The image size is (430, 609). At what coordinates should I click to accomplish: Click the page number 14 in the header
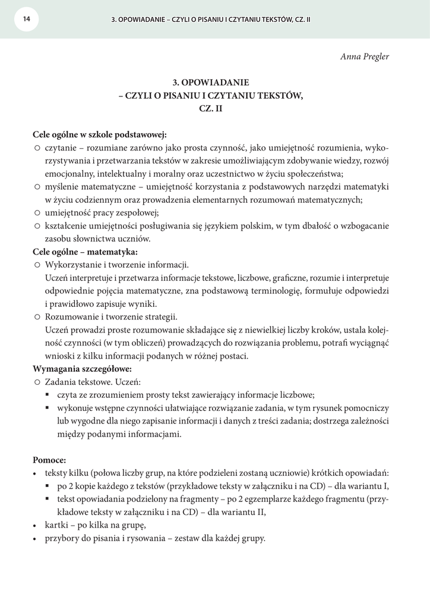click(26, 19)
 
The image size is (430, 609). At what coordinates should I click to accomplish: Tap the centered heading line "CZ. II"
click(214, 110)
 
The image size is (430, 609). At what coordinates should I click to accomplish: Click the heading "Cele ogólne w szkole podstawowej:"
click(100, 134)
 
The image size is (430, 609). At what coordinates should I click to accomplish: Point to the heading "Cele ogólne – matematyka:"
click(86, 252)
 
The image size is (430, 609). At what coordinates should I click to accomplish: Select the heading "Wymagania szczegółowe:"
click(82, 369)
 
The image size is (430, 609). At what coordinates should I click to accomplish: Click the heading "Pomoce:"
click(49, 460)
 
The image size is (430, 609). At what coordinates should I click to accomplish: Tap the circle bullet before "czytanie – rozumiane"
click(37, 147)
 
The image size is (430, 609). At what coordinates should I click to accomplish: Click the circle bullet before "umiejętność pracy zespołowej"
click(37, 213)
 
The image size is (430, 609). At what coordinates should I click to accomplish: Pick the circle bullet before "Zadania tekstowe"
click(37, 382)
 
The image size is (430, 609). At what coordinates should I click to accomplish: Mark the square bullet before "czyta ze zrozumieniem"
click(49, 395)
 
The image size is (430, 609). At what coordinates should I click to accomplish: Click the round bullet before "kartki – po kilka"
click(34, 526)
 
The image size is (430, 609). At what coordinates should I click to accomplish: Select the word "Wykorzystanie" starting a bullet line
click(73, 265)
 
